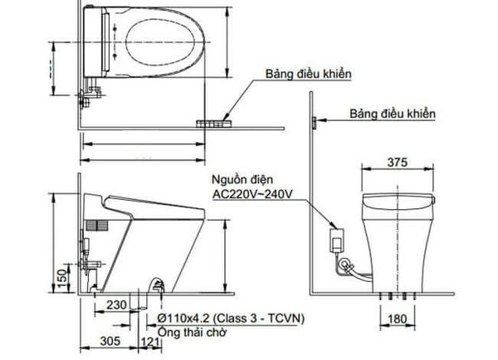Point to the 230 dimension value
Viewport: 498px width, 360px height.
pos(116,305)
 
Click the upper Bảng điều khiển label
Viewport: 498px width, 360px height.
pos(308,75)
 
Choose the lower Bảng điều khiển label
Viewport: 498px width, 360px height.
pos(392,113)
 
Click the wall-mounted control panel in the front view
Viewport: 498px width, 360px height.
pos(313,123)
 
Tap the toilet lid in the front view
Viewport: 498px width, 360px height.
pos(399,200)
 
